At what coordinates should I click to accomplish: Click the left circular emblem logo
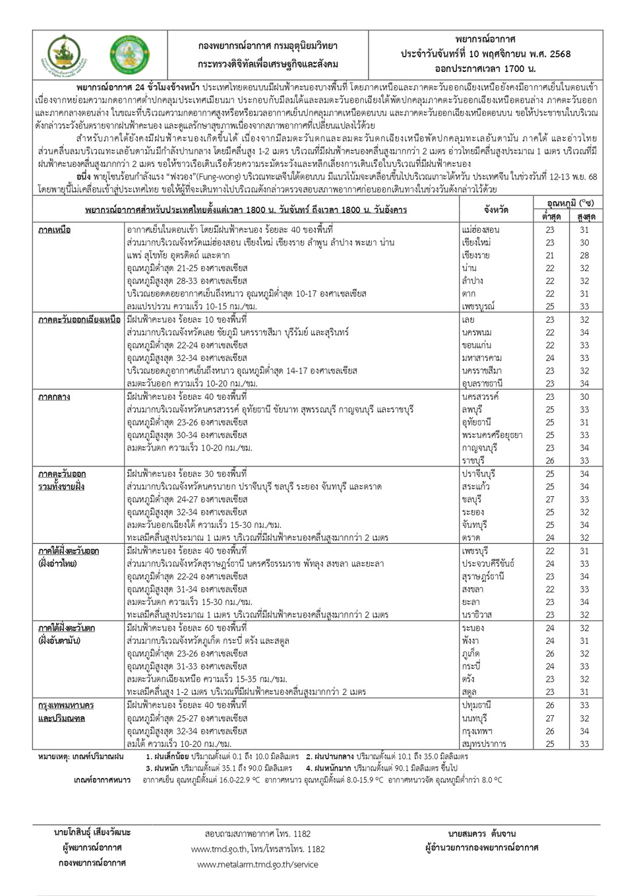click(x=68, y=55)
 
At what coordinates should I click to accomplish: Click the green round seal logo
click(x=129, y=55)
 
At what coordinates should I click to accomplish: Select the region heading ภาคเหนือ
click(x=55, y=230)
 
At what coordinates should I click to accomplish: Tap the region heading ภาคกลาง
click(x=54, y=397)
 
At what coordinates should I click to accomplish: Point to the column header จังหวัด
click(x=496, y=210)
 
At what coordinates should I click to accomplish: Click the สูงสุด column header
click(x=586, y=216)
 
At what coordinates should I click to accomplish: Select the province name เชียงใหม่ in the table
click(x=476, y=243)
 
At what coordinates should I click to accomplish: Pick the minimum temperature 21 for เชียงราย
click(x=550, y=255)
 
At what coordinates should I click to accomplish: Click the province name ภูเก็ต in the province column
click(x=471, y=654)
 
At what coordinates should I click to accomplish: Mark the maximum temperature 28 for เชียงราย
click(x=584, y=255)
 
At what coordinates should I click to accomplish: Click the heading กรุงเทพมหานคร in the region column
click(x=66, y=705)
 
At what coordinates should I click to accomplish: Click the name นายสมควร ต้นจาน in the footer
click(x=481, y=833)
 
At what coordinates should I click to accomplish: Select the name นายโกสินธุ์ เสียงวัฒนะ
click(x=92, y=833)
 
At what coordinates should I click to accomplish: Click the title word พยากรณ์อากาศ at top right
click(x=485, y=40)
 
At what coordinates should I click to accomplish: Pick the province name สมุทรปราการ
click(x=484, y=744)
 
